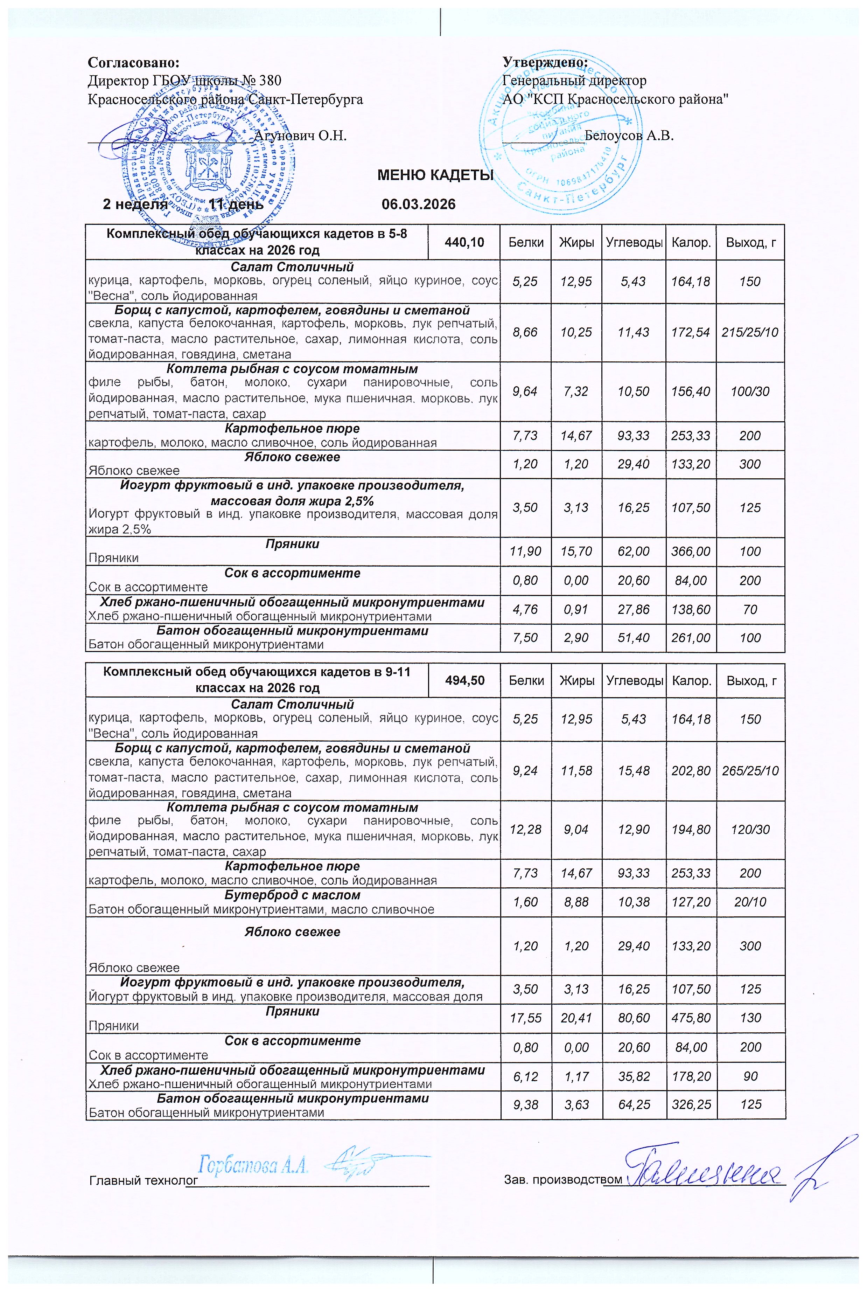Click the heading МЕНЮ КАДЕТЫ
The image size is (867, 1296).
point(435,176)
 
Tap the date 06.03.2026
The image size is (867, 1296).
point(419,205)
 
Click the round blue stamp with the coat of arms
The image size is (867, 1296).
point(206,160)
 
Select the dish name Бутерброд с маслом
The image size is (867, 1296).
point(292,895)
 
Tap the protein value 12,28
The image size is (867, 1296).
point(525,830)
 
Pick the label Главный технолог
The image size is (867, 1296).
point(143,1180)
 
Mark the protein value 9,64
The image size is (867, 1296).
point(525,391)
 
